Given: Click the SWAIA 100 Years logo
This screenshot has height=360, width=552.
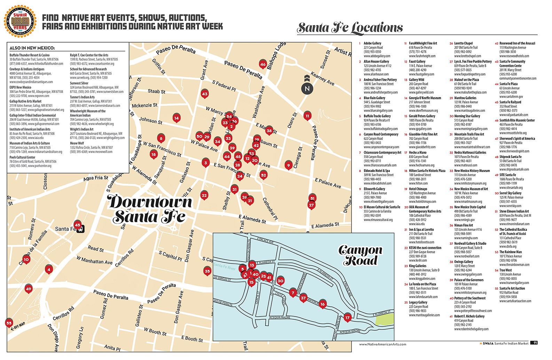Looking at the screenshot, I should click(x=20, y=21).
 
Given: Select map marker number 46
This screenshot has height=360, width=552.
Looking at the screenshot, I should click(x=263, y=64).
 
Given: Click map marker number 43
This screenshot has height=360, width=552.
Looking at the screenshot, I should click(x=205, y=94).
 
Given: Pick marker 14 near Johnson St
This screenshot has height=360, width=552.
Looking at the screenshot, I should click(x=176, y=118).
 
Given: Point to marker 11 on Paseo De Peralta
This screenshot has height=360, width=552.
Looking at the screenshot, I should click(x=307, y=116).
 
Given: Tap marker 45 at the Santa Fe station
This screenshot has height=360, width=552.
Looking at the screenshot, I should click(x=77, y=225).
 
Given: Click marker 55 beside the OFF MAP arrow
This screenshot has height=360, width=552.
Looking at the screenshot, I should click(x=9, y=323).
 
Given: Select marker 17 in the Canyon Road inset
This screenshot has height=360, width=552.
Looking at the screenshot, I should click(x=347, y=317).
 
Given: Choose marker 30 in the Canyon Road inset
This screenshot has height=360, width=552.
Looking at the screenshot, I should click(x=280, y=281).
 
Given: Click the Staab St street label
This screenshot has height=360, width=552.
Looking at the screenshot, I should click(x=156, y=91).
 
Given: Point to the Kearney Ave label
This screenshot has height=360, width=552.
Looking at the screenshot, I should click(x=322, y=79).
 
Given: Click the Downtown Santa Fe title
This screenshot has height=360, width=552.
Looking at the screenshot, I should click(x=150, y=209).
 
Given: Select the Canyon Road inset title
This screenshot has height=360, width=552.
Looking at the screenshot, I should click(x=360, y=255).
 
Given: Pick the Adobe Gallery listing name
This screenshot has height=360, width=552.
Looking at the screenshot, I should click(x=372, y=44).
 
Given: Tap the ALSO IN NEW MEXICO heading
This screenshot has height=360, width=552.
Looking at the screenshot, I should click(x=32, y=48).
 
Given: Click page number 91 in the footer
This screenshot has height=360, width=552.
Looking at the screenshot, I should click(x=535, y=343).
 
